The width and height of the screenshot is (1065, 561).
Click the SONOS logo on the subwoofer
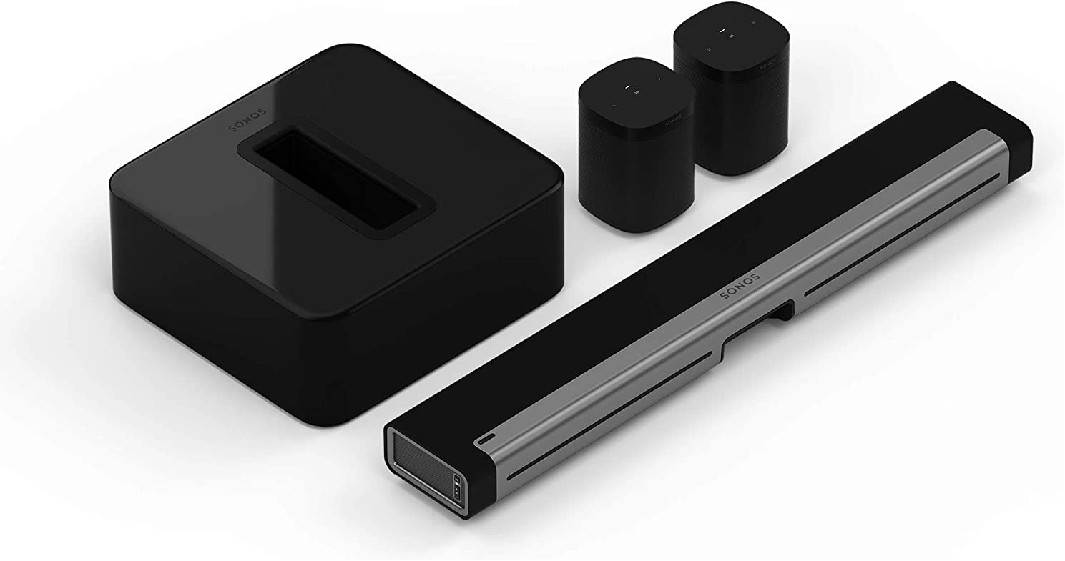point(247,120)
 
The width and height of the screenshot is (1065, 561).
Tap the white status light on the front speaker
point(627,88)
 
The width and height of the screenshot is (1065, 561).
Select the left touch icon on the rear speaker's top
point(709,49)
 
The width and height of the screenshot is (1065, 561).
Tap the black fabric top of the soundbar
point(644,286)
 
